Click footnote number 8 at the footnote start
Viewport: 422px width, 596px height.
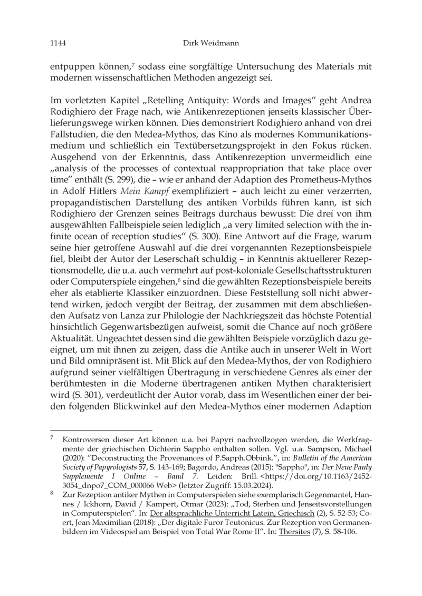[x=52, y=495]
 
